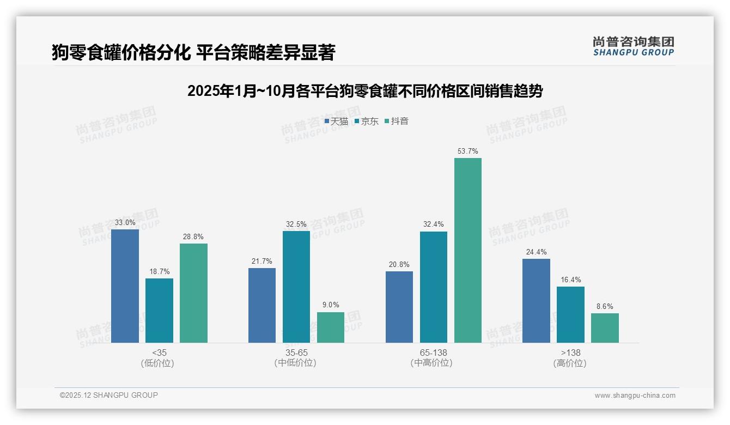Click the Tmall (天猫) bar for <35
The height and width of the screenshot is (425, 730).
[x=125, y=286]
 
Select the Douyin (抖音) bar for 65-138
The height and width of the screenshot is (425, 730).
[x=467, y=250]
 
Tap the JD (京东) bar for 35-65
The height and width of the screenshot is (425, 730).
[x=296, y=287]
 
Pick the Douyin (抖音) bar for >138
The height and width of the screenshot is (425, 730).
[x=605, y=328]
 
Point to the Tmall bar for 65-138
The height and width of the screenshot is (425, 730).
[x=399, y=307]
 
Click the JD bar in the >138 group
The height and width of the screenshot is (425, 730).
[x=570, y=314]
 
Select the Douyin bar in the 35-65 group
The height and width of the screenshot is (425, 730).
[x=330, y=327]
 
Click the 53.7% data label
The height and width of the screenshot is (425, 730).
[x=467, y=151]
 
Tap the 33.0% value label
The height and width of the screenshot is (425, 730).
[x=125, y=223]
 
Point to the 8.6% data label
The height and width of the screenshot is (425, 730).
[x=605, y=307]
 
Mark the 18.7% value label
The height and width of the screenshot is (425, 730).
[x=159, y=272]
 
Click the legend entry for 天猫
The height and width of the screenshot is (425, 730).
[x=336, y=122]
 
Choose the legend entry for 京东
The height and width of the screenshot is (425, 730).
[x=367, y=122]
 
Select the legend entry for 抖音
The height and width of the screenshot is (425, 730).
[x=397, y=122]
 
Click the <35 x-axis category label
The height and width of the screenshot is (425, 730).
[x=159, y=353]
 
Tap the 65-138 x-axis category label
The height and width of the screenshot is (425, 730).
[x=433, y=353]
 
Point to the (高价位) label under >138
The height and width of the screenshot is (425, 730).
[x=570, y=363]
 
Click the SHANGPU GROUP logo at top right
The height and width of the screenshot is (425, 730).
[x=633, y=46]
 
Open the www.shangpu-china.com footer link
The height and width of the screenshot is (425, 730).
[x=635, y=396]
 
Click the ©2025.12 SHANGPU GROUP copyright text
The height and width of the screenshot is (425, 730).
[x=109, y=396]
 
